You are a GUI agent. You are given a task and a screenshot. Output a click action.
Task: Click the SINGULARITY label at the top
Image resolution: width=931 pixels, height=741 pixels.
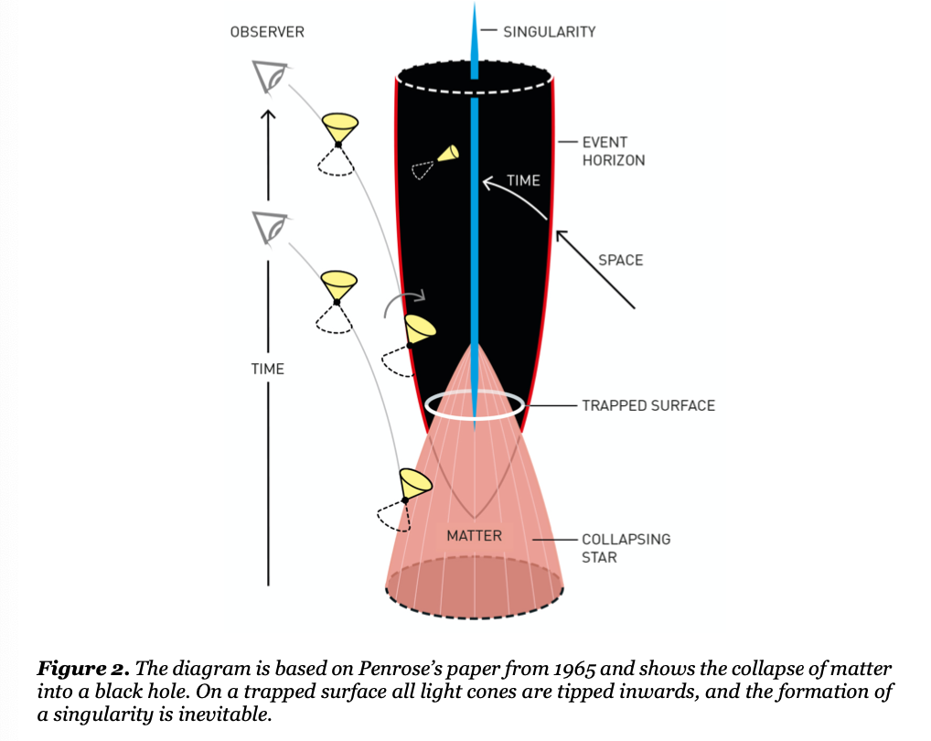[x=549, y=32]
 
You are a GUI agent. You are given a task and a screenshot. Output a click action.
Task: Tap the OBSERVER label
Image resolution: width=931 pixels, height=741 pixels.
[x=267, y=32]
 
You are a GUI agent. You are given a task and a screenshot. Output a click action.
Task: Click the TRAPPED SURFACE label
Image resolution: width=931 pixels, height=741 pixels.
[x=647, y=405]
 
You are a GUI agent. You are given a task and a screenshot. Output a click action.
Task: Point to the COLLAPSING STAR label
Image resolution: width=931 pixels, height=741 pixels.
[x=626, y=547]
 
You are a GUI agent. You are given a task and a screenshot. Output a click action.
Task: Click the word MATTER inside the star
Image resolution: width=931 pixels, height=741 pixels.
[x=474, y=535]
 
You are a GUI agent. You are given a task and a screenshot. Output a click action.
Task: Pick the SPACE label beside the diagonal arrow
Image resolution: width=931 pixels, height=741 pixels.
[x=620, y=260]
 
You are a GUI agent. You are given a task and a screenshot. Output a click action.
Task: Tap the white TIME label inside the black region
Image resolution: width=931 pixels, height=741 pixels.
[x=523, y=181]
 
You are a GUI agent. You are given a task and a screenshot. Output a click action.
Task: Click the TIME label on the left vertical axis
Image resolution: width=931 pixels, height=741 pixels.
[x=267, y=369]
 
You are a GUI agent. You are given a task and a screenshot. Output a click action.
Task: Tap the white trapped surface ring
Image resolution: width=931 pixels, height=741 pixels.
[x=475, y=405]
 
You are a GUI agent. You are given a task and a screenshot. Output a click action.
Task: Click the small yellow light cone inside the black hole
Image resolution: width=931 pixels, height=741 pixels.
[x=448, y=154]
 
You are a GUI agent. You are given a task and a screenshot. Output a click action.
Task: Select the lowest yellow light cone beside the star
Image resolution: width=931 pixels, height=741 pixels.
[x=413, y=482]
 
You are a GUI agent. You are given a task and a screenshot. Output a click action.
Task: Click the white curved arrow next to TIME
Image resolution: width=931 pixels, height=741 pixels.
[x=512, y=194]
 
